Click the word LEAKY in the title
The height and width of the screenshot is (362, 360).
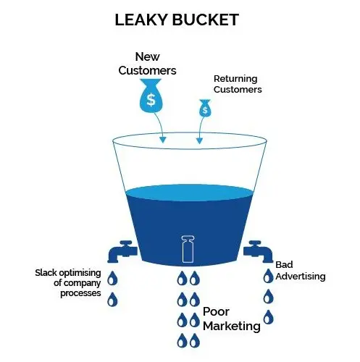coord(142,20)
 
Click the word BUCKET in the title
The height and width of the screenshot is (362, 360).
coord(206,20)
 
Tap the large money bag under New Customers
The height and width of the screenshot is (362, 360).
coord(151,96)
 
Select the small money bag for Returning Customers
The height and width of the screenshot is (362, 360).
coord(205,109)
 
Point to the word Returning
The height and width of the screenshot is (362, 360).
coord(235,79)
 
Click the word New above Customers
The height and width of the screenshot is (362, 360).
coord(147,57)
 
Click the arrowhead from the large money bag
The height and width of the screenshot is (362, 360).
coord(163,140)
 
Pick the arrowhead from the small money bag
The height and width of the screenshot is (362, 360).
coord(199,140)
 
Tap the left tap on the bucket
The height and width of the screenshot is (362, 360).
coord(122,251)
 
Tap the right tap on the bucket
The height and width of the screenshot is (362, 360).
coord(258,251)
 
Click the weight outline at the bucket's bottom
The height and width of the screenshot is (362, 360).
coord(188,249)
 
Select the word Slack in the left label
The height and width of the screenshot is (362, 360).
coord(46,273)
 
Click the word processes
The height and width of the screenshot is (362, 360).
coord(80,293)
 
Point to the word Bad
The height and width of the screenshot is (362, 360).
coord(284,265)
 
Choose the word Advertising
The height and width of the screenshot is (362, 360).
coord(301,277)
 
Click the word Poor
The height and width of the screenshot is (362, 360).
coord(216,311)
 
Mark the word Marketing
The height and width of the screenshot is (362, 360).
coord(232,326)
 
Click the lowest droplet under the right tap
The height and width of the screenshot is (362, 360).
coord(268,317)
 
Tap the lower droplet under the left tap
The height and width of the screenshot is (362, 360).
coord(112,299)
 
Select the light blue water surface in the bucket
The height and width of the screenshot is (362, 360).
coord(189,193)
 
